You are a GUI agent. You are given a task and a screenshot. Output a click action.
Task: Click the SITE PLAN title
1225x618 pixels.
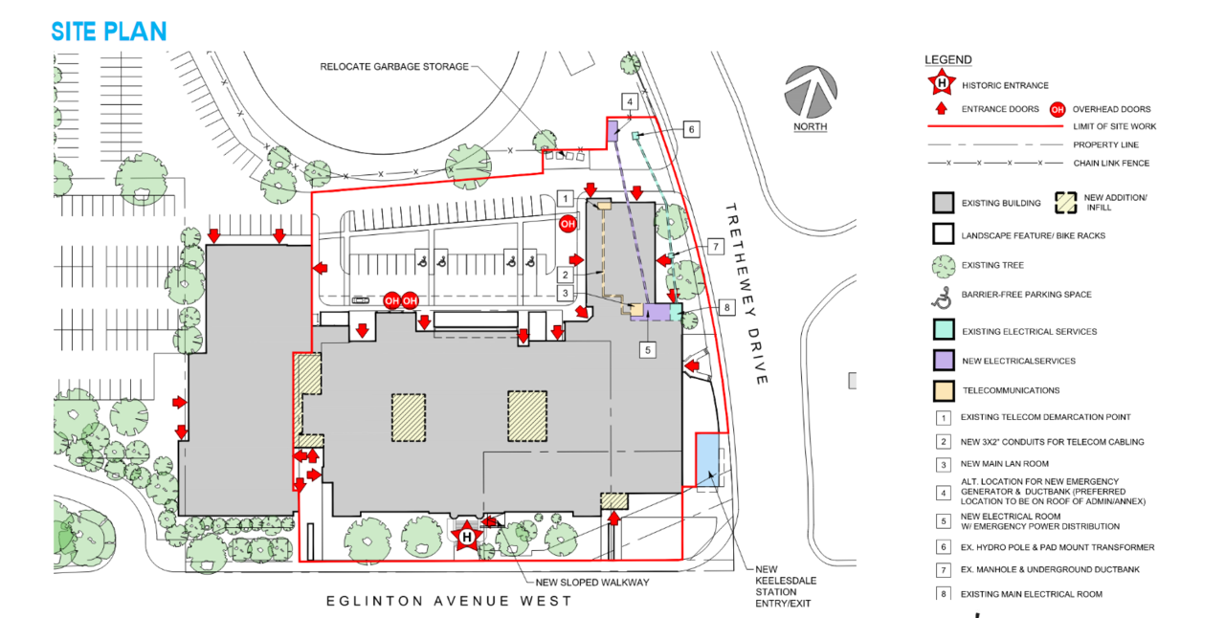(x=109, y=32)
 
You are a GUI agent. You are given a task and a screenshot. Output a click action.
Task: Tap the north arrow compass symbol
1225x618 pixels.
(x=811, y=92)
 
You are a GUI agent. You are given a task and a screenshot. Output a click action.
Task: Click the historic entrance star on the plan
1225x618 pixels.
(x=466, y=537)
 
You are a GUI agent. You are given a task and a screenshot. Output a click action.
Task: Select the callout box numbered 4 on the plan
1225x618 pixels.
(x=630, y=101)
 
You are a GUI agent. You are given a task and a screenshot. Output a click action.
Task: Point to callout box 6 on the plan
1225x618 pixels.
(x=692, y=129)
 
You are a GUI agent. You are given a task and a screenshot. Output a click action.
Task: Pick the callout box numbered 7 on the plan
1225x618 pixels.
(x=715, y=247)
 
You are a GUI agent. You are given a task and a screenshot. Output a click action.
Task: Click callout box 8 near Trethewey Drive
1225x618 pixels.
(x=726, y=307)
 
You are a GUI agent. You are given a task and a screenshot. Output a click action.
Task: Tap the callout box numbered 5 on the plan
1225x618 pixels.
(x=648, y=350)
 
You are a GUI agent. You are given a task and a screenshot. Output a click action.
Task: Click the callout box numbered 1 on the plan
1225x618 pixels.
(x=566, y=199)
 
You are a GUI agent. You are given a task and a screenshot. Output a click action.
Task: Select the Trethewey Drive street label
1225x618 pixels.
(x=747, y=294)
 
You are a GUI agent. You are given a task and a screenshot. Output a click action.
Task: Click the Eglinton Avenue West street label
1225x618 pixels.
(x=449, y=601)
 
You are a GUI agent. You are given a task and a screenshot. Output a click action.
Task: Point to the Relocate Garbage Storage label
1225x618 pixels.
(x=394, y=67)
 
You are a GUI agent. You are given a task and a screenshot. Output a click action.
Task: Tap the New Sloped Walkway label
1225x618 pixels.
(x=592, y=583)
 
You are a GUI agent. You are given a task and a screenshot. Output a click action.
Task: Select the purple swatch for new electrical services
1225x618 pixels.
(x=944, y=361)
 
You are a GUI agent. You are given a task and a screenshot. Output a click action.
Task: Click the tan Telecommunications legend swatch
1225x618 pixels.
(x=944, y=390)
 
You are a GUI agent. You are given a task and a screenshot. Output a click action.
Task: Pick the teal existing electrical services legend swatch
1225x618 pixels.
(x=944, y=330)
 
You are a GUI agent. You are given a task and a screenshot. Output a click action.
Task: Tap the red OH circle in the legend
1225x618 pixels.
(x=1058, y=109)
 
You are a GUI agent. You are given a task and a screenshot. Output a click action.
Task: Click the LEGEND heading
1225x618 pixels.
(x=948, y=59)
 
